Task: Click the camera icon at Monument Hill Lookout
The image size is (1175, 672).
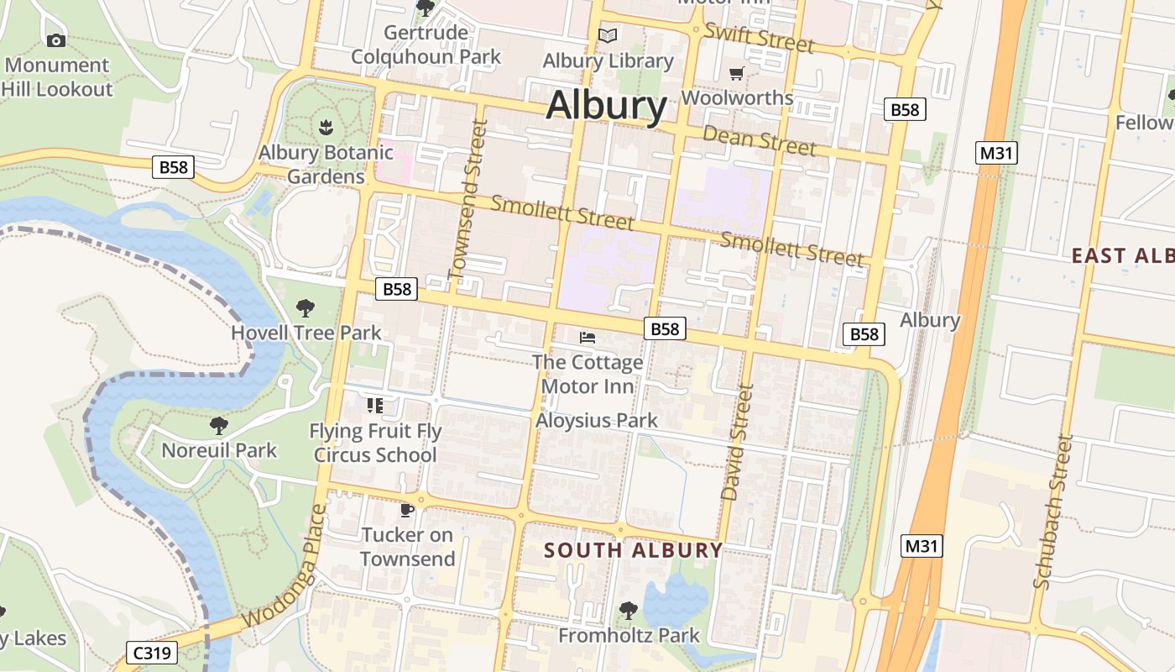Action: click(55, 40)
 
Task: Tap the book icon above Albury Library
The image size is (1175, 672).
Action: click(607, 36)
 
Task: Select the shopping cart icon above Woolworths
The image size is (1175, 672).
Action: click(736, 73)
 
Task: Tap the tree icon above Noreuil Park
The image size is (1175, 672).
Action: click(219, 426)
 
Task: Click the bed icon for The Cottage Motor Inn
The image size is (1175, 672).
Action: click(587, 338)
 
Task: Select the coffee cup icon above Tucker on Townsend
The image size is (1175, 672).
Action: click(407, 510)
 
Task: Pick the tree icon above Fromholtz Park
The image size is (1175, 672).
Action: click(628, 611)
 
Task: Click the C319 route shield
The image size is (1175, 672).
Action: click(152, 653)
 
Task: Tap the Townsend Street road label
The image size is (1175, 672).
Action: click(468, 199)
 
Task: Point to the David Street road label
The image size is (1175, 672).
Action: click(736, 443)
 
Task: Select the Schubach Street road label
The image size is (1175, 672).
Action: click(1054, 511)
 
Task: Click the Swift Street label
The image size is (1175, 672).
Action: click(759, 37)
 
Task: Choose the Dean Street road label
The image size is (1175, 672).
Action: click(759, 140)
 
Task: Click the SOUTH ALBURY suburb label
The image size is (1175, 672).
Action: click(633, 550)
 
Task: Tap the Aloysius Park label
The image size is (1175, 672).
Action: click(597, 420)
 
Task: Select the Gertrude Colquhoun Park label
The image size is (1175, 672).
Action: click(426, 45)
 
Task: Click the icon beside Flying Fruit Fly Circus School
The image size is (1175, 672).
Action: click(374, 406)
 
